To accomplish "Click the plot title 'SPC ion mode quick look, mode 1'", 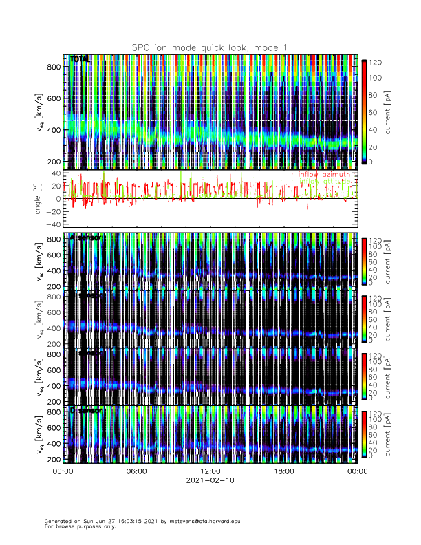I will pyautogui.click(x=210, y=47).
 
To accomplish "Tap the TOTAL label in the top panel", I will pyautogui.click(x=80, y=60).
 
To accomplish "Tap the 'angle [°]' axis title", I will pyautogui.click(x=39, y=199).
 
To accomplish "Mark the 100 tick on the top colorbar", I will pyautogui.click(x=377, y=78).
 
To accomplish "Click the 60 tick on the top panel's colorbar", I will pyautogui.click(x=375, y=111).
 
